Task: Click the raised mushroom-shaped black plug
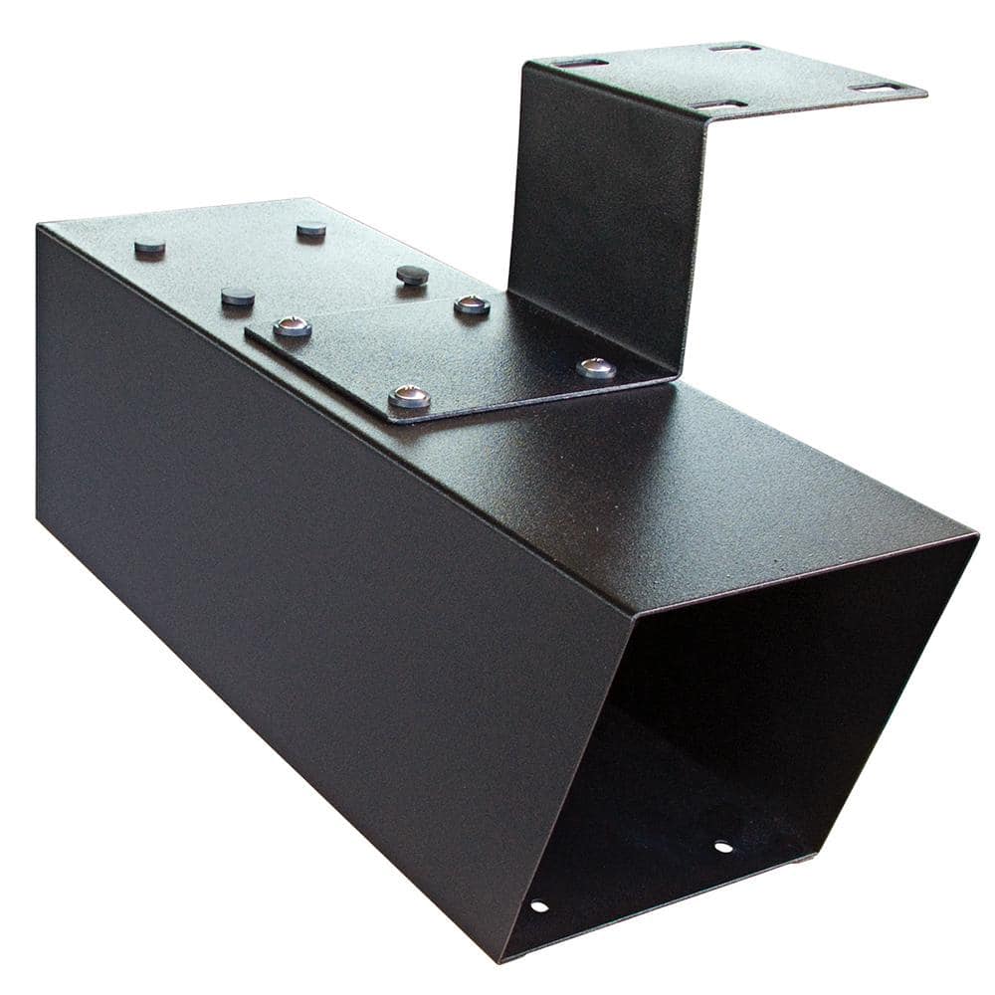click(x=412, y=275)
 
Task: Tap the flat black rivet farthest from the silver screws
click(x=149, y=246)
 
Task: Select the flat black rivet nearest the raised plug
click(x=311, y=230)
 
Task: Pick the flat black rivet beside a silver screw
click(x=238, y=297)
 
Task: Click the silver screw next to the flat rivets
click(x=292, y=325)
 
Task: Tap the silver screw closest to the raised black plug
click(x=472, y=305)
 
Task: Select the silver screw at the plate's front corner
click(x=409, y=397)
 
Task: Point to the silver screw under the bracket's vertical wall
click(x=595, y=368)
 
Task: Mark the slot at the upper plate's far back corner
click(x=735, y=47)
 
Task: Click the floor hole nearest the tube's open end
click(x=538, y=905)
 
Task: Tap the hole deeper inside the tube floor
click(x=723, y=847)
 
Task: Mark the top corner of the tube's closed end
click(x=40, y=227)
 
